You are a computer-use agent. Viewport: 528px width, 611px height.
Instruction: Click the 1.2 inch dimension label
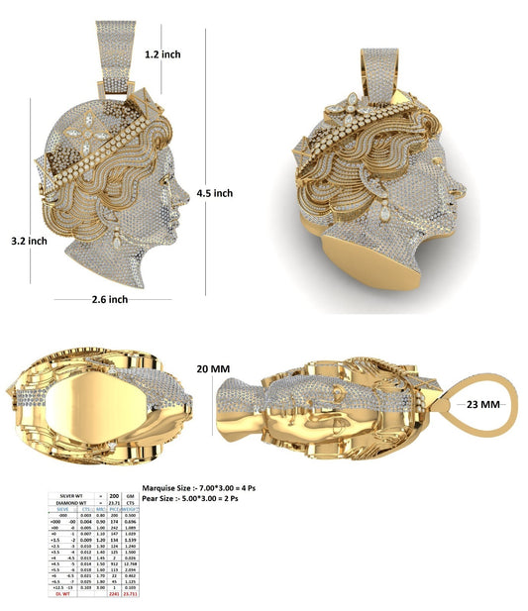[163, 55]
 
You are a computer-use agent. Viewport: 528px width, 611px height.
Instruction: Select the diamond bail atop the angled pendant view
[378, 69]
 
